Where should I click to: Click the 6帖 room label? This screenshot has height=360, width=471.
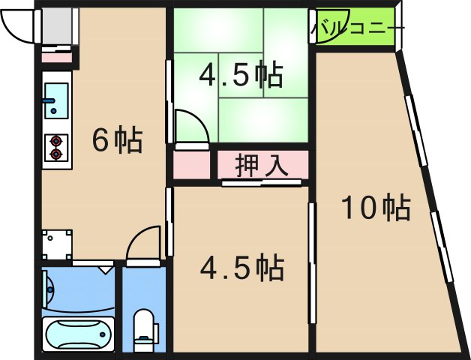click(x=117, y=140)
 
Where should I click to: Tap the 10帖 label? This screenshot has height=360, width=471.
click(x=376, y=208)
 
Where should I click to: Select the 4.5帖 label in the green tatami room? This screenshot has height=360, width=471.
click(x=240, y=75)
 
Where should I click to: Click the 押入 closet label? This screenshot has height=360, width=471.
click(x=262, y=166)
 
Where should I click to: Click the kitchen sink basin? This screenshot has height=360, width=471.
click(x=55, y=100)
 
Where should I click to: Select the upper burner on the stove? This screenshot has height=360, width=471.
click(x=55, y=140)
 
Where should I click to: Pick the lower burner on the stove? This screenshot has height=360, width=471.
click(x=55, y=154)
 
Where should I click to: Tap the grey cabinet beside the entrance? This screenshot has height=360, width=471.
click(x=56, y=26)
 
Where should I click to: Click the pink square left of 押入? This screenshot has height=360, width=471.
click(x=191, y=165)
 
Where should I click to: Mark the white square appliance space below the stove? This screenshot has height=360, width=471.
click(x=57, y=244)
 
